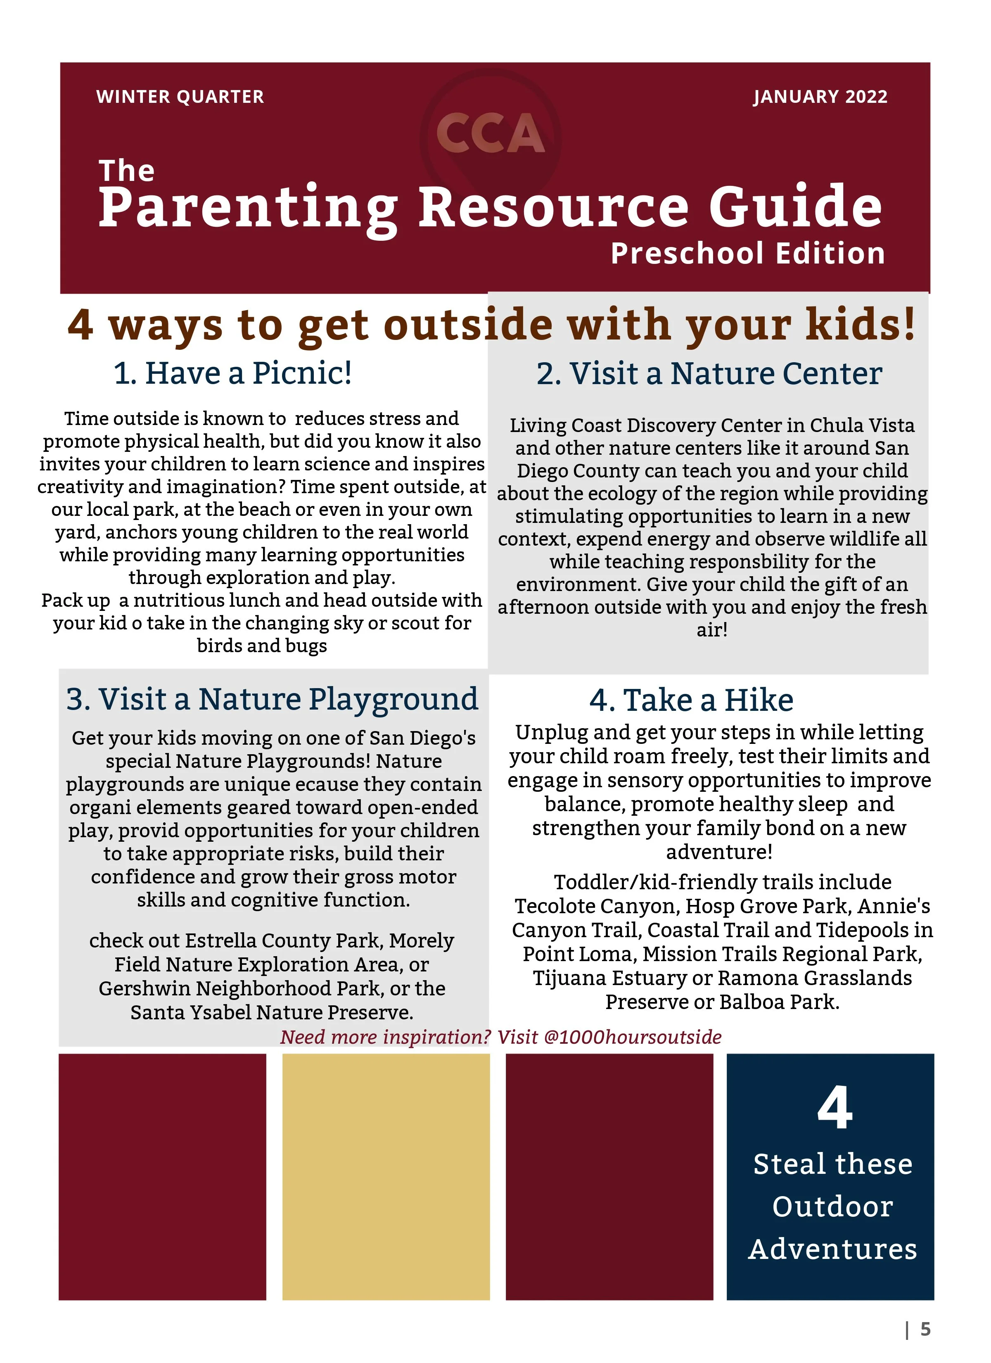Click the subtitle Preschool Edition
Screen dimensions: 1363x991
pyautogui.click(x=748, y=253)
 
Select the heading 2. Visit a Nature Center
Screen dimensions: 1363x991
pyautogui.click(x=709, y=374)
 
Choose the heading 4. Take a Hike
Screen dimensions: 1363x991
pyautogui.click(x=691, y=700)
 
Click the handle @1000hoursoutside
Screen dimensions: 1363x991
pyautogui.click(x=632, y=1037)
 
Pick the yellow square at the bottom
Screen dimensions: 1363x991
pyautogui.click(x=386, y=1176)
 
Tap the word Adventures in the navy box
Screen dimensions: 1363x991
pyautogui.click(x=832, y=1249)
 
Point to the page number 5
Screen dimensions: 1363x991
pyautogui.click(x=925, y=1329)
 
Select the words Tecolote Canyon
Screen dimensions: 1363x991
pyautogui.click(x=596, y=906)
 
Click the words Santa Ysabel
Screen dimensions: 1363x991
pyautogui.click(x=190, y=1013)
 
